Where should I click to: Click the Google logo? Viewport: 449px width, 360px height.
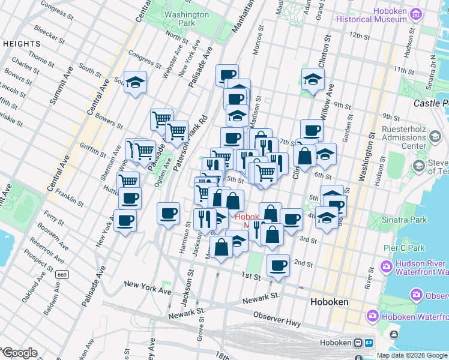pyautogui.click(x=20, y=353)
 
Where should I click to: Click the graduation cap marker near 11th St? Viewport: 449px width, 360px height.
pyautogui.click(x=313, y=79)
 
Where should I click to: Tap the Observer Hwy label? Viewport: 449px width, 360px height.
pyautogui.click(x=277, y=323)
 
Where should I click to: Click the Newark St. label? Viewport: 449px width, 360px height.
pyautogui.click(x=262, y=298)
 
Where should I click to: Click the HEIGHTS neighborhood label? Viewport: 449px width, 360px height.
pyautogui.click(x=22, y=44)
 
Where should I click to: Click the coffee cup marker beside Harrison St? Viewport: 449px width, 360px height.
pyautogui.click(x=168, y=212)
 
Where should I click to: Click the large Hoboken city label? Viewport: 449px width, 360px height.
pyautogui.click(x=329, y=302)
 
